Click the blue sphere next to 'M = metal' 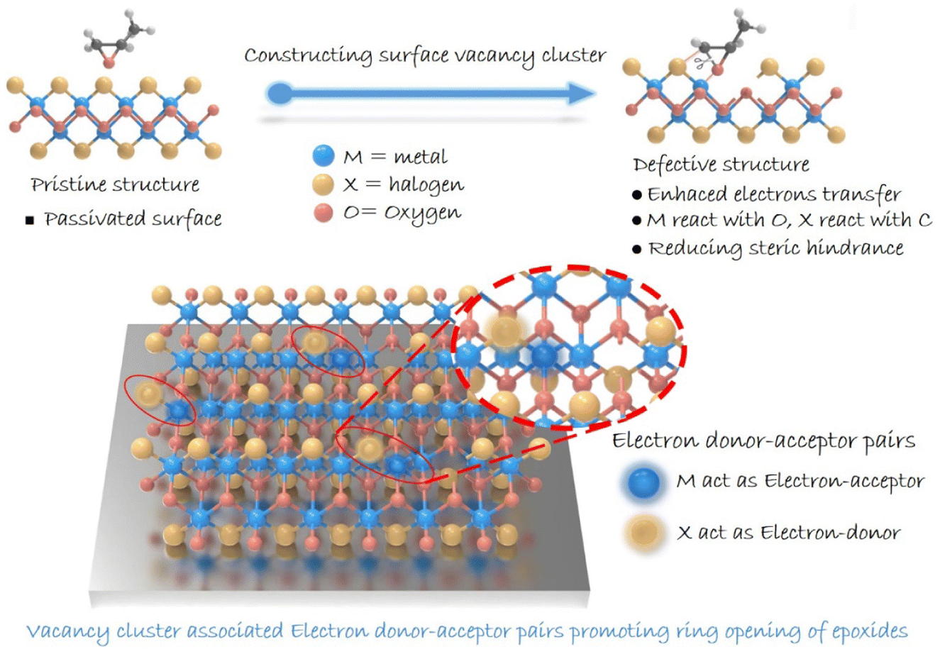click(x=323, y=155)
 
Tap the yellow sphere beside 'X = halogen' click(x=323, y=185)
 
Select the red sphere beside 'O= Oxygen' click(x=323, y=213)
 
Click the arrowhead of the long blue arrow click(x=582, y=93)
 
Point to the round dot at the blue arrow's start click(x=280, y=93)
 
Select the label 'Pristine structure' click(x=115, y=185)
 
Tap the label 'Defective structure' click(x=721, y=165)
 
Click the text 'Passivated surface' click(x=133, y=219)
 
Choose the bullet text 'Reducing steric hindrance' click(x=775, y=248)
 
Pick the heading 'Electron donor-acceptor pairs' click(x=763, y=440)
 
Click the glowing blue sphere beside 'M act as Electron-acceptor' click(x=642, y=482)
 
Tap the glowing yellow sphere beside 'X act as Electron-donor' click(x=642, y=532)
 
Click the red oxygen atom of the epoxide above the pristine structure click(x=108, y=63)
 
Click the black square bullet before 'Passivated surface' click(x=30, y=221)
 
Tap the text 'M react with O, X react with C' click(x=789, y=221)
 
